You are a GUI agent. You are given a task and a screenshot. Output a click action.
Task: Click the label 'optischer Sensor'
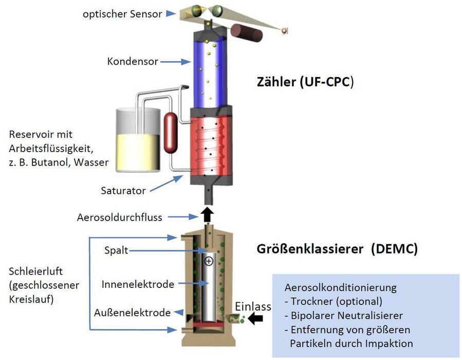122,14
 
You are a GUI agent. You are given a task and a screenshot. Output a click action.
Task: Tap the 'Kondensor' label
133,61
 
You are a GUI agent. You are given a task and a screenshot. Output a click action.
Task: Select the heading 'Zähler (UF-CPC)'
305,82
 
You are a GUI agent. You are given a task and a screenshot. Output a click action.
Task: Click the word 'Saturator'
123,190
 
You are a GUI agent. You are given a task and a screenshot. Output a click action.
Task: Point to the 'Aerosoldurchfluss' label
120,218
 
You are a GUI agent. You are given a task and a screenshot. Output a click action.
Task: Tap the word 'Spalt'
116,250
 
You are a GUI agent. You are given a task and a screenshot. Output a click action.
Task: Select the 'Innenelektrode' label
138,284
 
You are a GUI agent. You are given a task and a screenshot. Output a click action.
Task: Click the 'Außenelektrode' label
132,313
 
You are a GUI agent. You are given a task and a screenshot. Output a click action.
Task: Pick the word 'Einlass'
253,307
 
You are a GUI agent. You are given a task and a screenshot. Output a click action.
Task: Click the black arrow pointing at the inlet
255,318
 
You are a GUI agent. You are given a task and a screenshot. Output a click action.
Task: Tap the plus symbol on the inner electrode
209,261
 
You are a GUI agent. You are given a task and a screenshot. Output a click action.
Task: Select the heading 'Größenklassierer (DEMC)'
337,249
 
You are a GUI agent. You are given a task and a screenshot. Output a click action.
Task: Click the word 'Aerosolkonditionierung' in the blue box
340,287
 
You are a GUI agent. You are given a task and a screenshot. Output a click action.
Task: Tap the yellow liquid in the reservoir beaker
138,152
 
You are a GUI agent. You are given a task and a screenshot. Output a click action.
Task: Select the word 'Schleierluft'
35,271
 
